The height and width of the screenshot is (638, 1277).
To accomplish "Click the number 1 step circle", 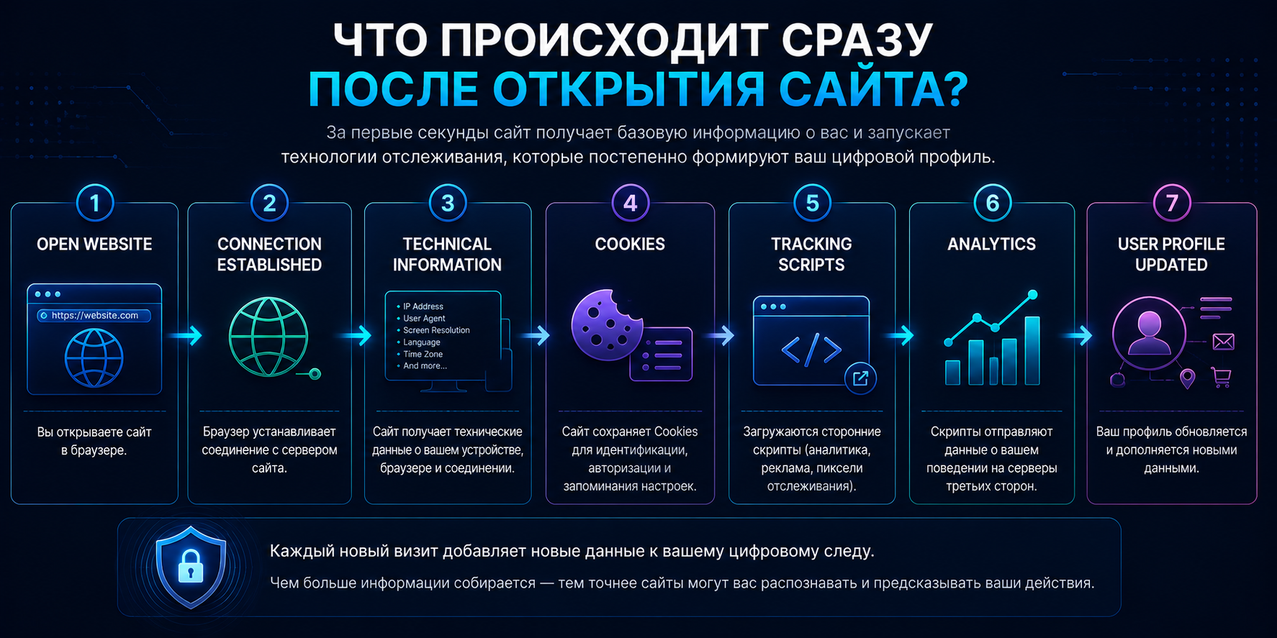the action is (94, 203).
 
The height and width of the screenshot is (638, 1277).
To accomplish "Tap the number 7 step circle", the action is (1171, 203).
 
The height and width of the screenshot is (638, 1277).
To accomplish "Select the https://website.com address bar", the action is (94, 315).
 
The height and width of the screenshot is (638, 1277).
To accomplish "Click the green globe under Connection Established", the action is (269, 337).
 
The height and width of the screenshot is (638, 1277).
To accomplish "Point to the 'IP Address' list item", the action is (423, 306).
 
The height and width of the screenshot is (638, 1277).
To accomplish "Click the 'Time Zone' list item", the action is (423, 354).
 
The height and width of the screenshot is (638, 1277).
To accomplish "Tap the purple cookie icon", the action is (607, 324).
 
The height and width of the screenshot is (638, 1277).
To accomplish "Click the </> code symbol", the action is (811, 350).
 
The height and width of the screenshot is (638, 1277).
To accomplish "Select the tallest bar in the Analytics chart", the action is (1032, 350).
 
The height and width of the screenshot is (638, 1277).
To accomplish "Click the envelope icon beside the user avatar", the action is (1223, 342).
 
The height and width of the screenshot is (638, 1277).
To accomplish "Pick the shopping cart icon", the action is (1222, 377).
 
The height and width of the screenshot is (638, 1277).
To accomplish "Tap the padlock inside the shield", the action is (191, 566).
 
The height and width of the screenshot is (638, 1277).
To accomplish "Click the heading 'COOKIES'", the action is (630, 244).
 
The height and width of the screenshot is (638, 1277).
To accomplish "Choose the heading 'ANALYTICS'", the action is (991, 244).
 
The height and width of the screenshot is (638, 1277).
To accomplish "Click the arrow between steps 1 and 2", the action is (185, 335).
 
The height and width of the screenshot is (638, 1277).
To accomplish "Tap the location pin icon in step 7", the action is (1188, 378).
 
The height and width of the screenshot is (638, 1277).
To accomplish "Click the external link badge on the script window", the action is (860, 378).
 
